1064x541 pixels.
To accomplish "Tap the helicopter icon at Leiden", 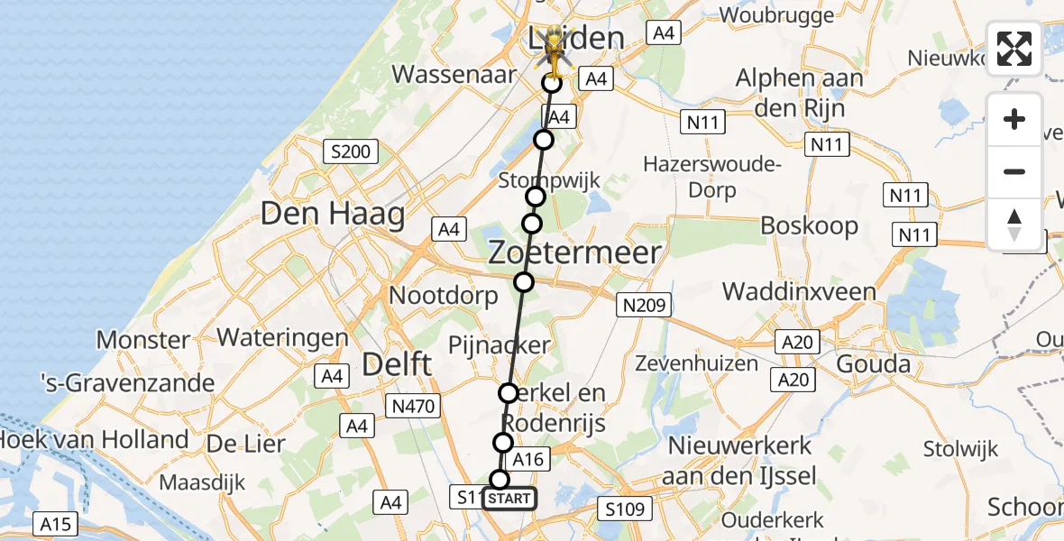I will (554, 54).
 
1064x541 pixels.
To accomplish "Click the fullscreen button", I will (1014, 49).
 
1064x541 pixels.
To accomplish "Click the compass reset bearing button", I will (1014, 225).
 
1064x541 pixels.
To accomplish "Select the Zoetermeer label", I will (575, 252).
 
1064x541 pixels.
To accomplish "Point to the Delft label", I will (397, 364).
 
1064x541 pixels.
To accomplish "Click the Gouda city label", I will (873, 364).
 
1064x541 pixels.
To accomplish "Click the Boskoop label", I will (809, 225).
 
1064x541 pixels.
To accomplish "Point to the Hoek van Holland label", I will (94, 440).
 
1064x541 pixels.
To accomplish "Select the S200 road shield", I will (351, 151).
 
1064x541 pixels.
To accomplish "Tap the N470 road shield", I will (414, 407).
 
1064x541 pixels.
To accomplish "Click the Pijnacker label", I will (499, 344).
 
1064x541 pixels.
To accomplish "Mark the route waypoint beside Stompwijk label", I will (536, 197).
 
